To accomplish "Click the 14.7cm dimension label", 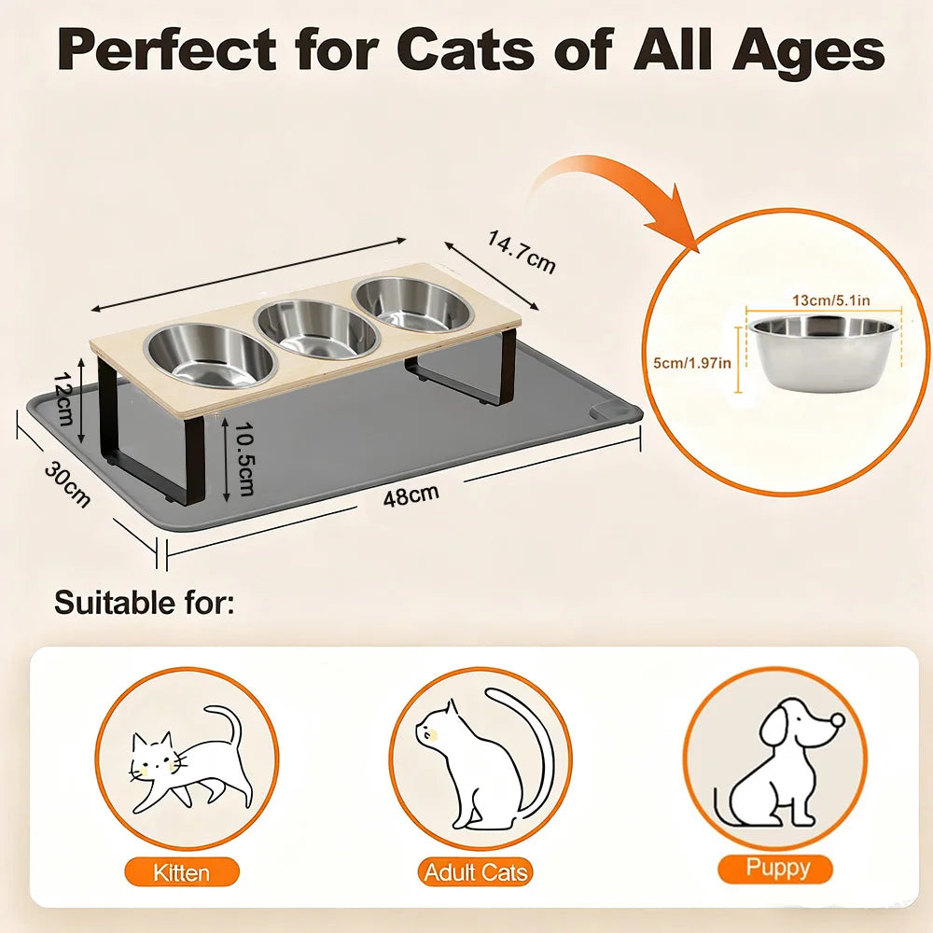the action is (x=522, y=252).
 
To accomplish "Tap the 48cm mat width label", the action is (x=411, y=495).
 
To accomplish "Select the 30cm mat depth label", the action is (x=67, y=485).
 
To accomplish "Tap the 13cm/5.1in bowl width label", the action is (x=831, y=300).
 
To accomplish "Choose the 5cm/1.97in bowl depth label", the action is (x=692, y=362).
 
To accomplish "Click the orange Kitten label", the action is (x=182, y=873).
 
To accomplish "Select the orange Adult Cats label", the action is (x=476, y=872).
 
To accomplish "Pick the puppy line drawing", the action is (x=779, y=761).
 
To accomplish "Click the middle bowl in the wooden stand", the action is (x=316, y=331).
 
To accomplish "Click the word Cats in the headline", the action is (x=466, y=50).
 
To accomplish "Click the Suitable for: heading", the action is (x=145, y=602).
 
